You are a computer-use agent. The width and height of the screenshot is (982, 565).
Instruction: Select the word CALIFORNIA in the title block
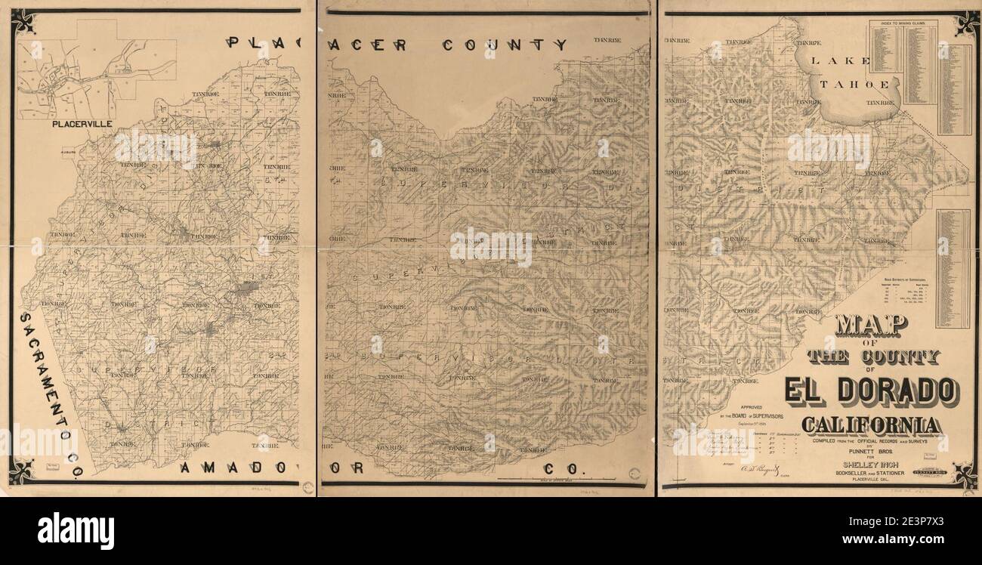tap(872, 425)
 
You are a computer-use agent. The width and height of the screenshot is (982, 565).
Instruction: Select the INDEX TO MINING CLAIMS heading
tap(903, 24)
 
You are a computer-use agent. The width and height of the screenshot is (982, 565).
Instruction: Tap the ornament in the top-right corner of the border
tap(965, 23)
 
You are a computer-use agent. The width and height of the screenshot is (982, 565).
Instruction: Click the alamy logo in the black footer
tap(76, 531)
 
